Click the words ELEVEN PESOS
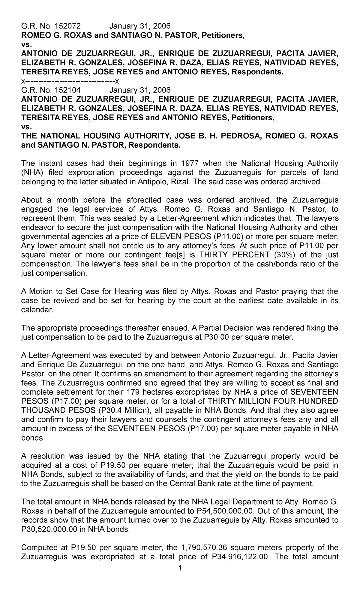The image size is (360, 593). click(176, 237)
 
